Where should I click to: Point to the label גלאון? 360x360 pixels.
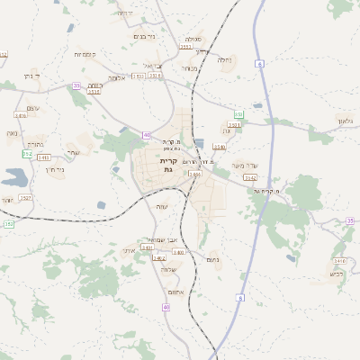click(348, 121)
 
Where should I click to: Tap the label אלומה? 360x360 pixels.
click(117, 77)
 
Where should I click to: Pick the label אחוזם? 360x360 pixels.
click(175, 292)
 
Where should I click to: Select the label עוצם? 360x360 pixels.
click(32, 108)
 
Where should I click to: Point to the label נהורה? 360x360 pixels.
click(35, 143)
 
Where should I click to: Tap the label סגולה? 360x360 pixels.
click(193, 40)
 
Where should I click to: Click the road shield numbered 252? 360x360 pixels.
click(27, 154)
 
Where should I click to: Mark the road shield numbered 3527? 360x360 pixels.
click(25, 197)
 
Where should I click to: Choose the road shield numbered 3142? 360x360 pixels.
click(250, 178)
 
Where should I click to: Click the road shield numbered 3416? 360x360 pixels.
click(21, 116)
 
